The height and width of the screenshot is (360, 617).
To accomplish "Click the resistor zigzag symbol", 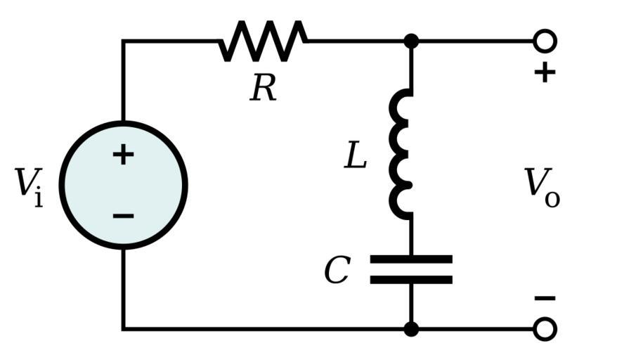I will tap(264, 41).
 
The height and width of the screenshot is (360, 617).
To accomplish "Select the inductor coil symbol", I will tap(402, 154).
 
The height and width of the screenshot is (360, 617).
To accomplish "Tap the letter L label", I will tap(356, 156).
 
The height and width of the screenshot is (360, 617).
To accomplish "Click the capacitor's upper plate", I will tap(411, 259).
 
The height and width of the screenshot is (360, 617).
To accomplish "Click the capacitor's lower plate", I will tap(411, 280).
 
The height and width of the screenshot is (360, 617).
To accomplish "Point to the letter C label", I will tap(337, 271).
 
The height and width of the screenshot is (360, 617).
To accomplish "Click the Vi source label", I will tap(29, 186).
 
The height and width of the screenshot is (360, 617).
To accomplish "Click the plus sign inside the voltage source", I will tap(123, 155).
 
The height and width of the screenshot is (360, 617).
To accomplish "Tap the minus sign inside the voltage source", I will tap(123, 215).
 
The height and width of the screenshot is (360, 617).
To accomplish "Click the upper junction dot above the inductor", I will tap(411, 41).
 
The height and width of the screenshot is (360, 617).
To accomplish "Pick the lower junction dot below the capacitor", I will tap(411, 328).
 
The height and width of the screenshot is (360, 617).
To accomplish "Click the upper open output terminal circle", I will tap(545, 41).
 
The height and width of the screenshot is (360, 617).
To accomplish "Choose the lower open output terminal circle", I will tap(545, 328).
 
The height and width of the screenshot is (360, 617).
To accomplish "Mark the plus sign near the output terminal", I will tap(545, 72).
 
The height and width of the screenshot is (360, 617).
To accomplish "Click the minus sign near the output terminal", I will tap(545, 298).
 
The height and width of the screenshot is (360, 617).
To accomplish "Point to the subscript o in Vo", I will tap(552, 199).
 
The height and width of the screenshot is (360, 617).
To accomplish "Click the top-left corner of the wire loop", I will tap(123, 41).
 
